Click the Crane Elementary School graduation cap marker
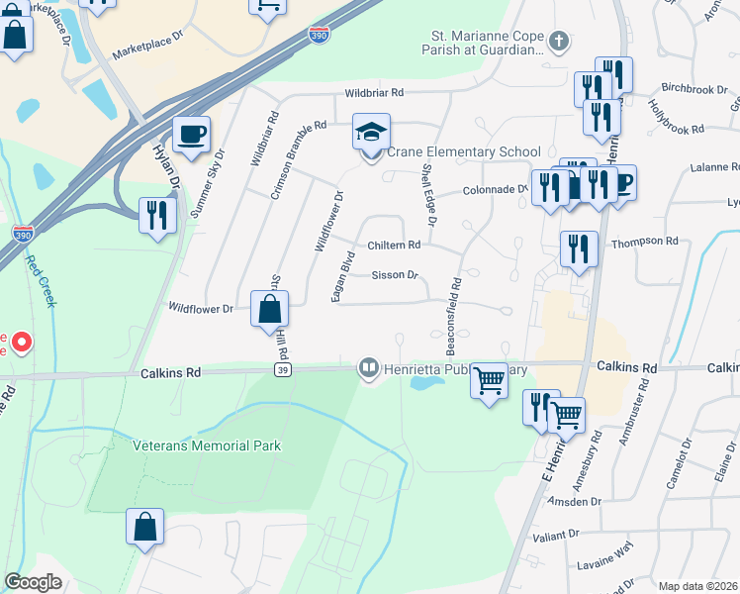[372, 133]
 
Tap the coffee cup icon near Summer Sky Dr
[191, 135]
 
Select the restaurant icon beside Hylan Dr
[157, 215]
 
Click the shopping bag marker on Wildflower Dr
[269, 309]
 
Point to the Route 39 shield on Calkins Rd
[282, 369]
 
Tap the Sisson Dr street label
[395, 275]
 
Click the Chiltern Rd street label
[394, 245]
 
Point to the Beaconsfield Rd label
[455, 318]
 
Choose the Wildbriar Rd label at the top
[375, 93]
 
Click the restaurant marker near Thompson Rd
[579, 248]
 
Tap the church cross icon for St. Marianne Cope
[559, 42]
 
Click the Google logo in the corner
[34, 582]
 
